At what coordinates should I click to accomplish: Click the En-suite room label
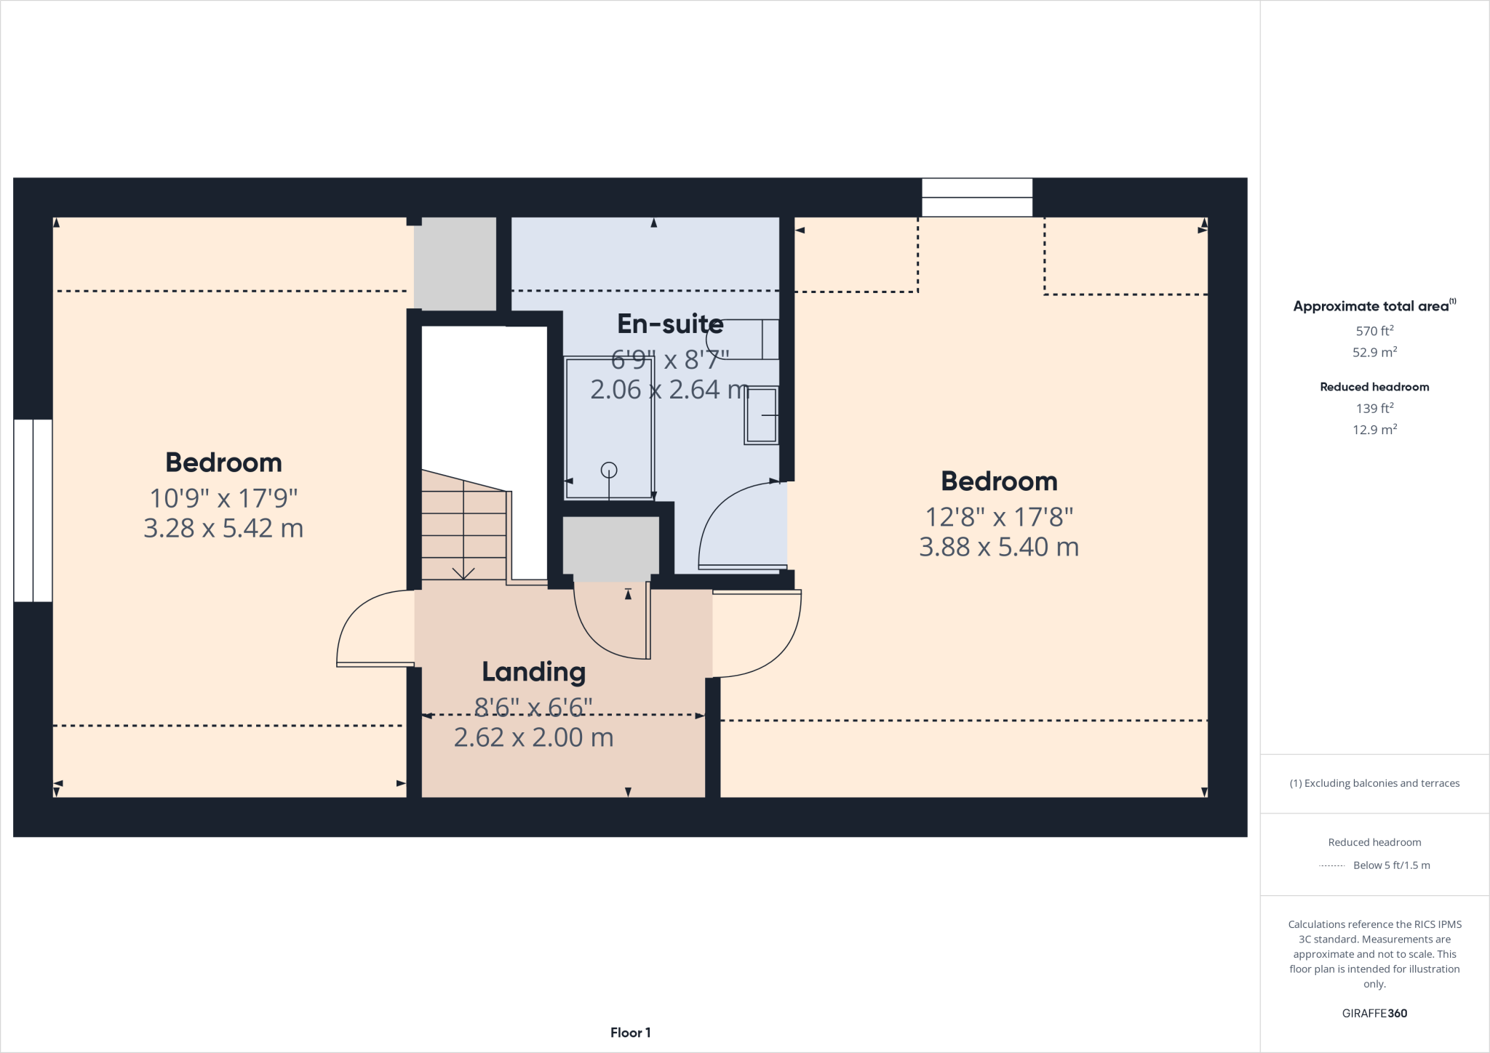(x=670, y=324)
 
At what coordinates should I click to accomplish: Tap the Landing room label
(x=533, y=672)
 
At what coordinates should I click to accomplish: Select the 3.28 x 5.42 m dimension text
(x=223, y=528)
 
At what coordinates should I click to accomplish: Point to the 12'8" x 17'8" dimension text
(x=999, y=517)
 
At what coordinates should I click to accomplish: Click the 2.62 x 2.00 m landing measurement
(x=533, y=737)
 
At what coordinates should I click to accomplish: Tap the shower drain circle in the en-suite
(x=609, y=471)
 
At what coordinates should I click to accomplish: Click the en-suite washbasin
(x=761, y=415)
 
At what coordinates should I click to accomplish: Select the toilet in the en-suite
(x=746, y=339)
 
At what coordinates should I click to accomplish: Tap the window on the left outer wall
(x=33, y=511)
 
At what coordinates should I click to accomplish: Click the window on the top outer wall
(x=976, y=198)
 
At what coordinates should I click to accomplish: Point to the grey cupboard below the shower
(x=611, y=545)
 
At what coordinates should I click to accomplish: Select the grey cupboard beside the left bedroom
(x=455, y=263)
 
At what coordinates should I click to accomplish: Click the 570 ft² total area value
(x=1374, y=331)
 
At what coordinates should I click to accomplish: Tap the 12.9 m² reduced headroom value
(x=1374, y=430)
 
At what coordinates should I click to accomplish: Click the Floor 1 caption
(x=630, y=1033)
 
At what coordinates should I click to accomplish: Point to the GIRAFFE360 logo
(x=1374, y=1013)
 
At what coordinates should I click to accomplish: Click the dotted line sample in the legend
(x=1331, y=865)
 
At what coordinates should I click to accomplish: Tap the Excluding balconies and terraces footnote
(x=1374, y=783)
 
